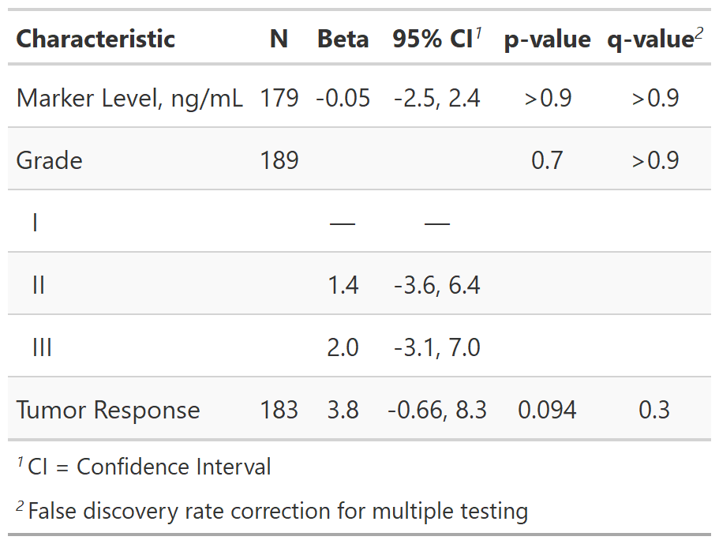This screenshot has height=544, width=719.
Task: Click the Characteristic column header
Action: (95, 39)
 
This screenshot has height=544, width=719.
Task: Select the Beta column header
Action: (343, 39)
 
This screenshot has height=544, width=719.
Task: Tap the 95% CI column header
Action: (433, 39)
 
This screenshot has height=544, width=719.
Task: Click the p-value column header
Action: (547, 39)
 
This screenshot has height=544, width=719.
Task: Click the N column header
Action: (279, 39)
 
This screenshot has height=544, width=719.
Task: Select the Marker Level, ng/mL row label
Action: (129, 98)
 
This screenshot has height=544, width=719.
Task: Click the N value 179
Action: (279, 98)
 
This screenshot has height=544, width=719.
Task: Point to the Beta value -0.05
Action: (343, 98)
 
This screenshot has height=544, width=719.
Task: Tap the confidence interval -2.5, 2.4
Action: (436, 98)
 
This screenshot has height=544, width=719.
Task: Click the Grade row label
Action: (49, 160)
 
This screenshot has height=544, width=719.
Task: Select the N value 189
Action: (279, 160)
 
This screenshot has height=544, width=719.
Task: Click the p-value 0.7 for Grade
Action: (547, 160)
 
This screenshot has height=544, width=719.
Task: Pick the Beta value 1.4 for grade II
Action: (343, 285)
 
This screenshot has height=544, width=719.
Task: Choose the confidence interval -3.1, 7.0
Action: (436, 347)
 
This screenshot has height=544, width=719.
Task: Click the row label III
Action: (42, 347)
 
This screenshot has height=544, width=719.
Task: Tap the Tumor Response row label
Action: (108, 410)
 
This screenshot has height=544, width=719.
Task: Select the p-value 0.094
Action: (547, 410)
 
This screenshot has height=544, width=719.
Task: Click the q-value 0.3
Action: (655, 410)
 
